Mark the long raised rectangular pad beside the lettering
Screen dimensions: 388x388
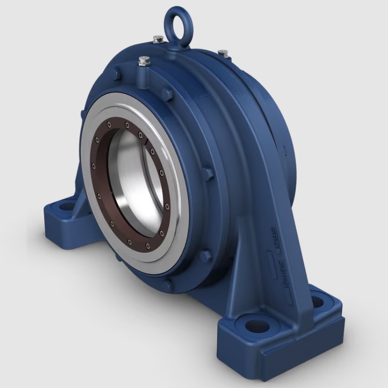point(268,266)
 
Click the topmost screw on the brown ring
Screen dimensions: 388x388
point(126,125)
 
